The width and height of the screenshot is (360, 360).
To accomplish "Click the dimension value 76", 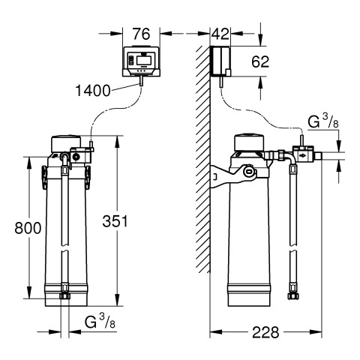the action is (x=141, y=34).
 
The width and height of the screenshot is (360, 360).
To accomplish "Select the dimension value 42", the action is (x=220, y=34).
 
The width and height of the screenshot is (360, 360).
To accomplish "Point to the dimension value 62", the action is (x=260, y=61).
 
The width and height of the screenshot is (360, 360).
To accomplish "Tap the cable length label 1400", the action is (x=93, y=91).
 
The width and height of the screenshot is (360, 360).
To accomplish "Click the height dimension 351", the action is (x=115, y=221).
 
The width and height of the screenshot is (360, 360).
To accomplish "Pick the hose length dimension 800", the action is (x=28, y=228).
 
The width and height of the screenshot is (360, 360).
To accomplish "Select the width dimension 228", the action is (x=265, y=332).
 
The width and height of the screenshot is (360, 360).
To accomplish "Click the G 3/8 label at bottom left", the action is (x=100, y=321).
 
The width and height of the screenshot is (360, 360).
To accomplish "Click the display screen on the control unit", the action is (x=143, y=59).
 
